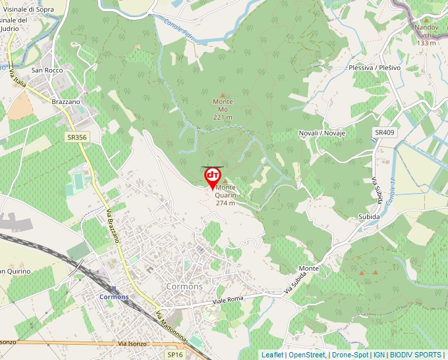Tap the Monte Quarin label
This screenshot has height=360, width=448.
pos(225,195)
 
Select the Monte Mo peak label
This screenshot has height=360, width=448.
pos(223,109)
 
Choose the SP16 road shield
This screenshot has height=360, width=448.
pos(175,354)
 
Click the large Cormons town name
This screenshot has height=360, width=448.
pos(184,287)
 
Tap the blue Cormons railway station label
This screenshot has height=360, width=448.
pos(113,297)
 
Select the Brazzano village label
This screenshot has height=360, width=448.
pos(65,102)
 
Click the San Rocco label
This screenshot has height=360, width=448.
pos(47,70)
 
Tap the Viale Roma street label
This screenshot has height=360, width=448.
pos(228,301)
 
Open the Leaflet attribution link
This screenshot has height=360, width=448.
pos(272,355)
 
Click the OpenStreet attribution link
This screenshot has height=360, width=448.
pos(306,355)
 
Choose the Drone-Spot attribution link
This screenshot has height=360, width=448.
pos(350,355)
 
